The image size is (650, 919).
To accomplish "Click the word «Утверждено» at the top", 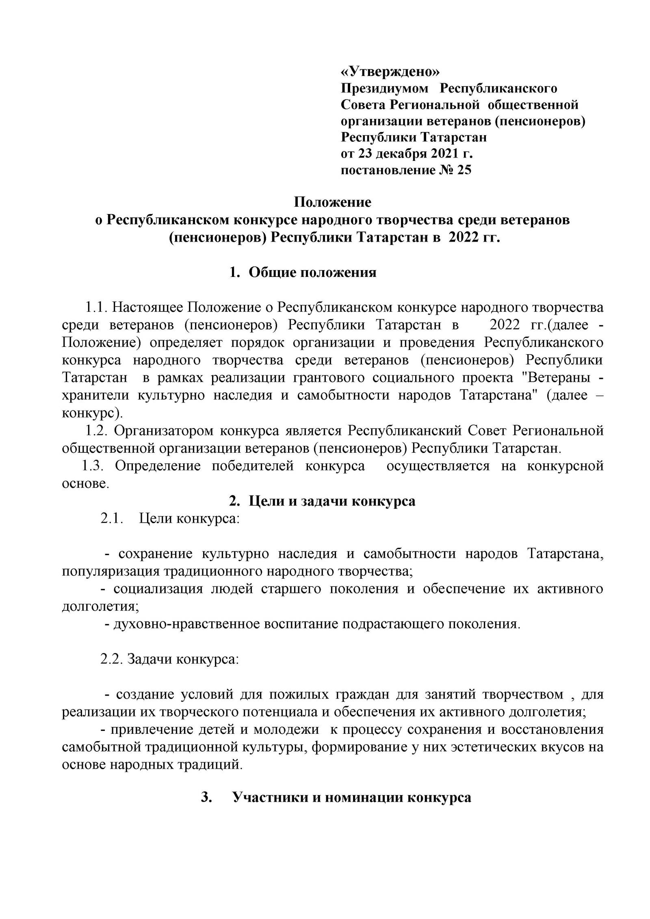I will [x=390, y=71].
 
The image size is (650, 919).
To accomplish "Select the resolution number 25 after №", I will [x=464, y=170].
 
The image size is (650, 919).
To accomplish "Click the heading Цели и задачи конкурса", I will [x=331, y=501].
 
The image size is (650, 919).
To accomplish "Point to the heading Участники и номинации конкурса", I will [x=351, y=798].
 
